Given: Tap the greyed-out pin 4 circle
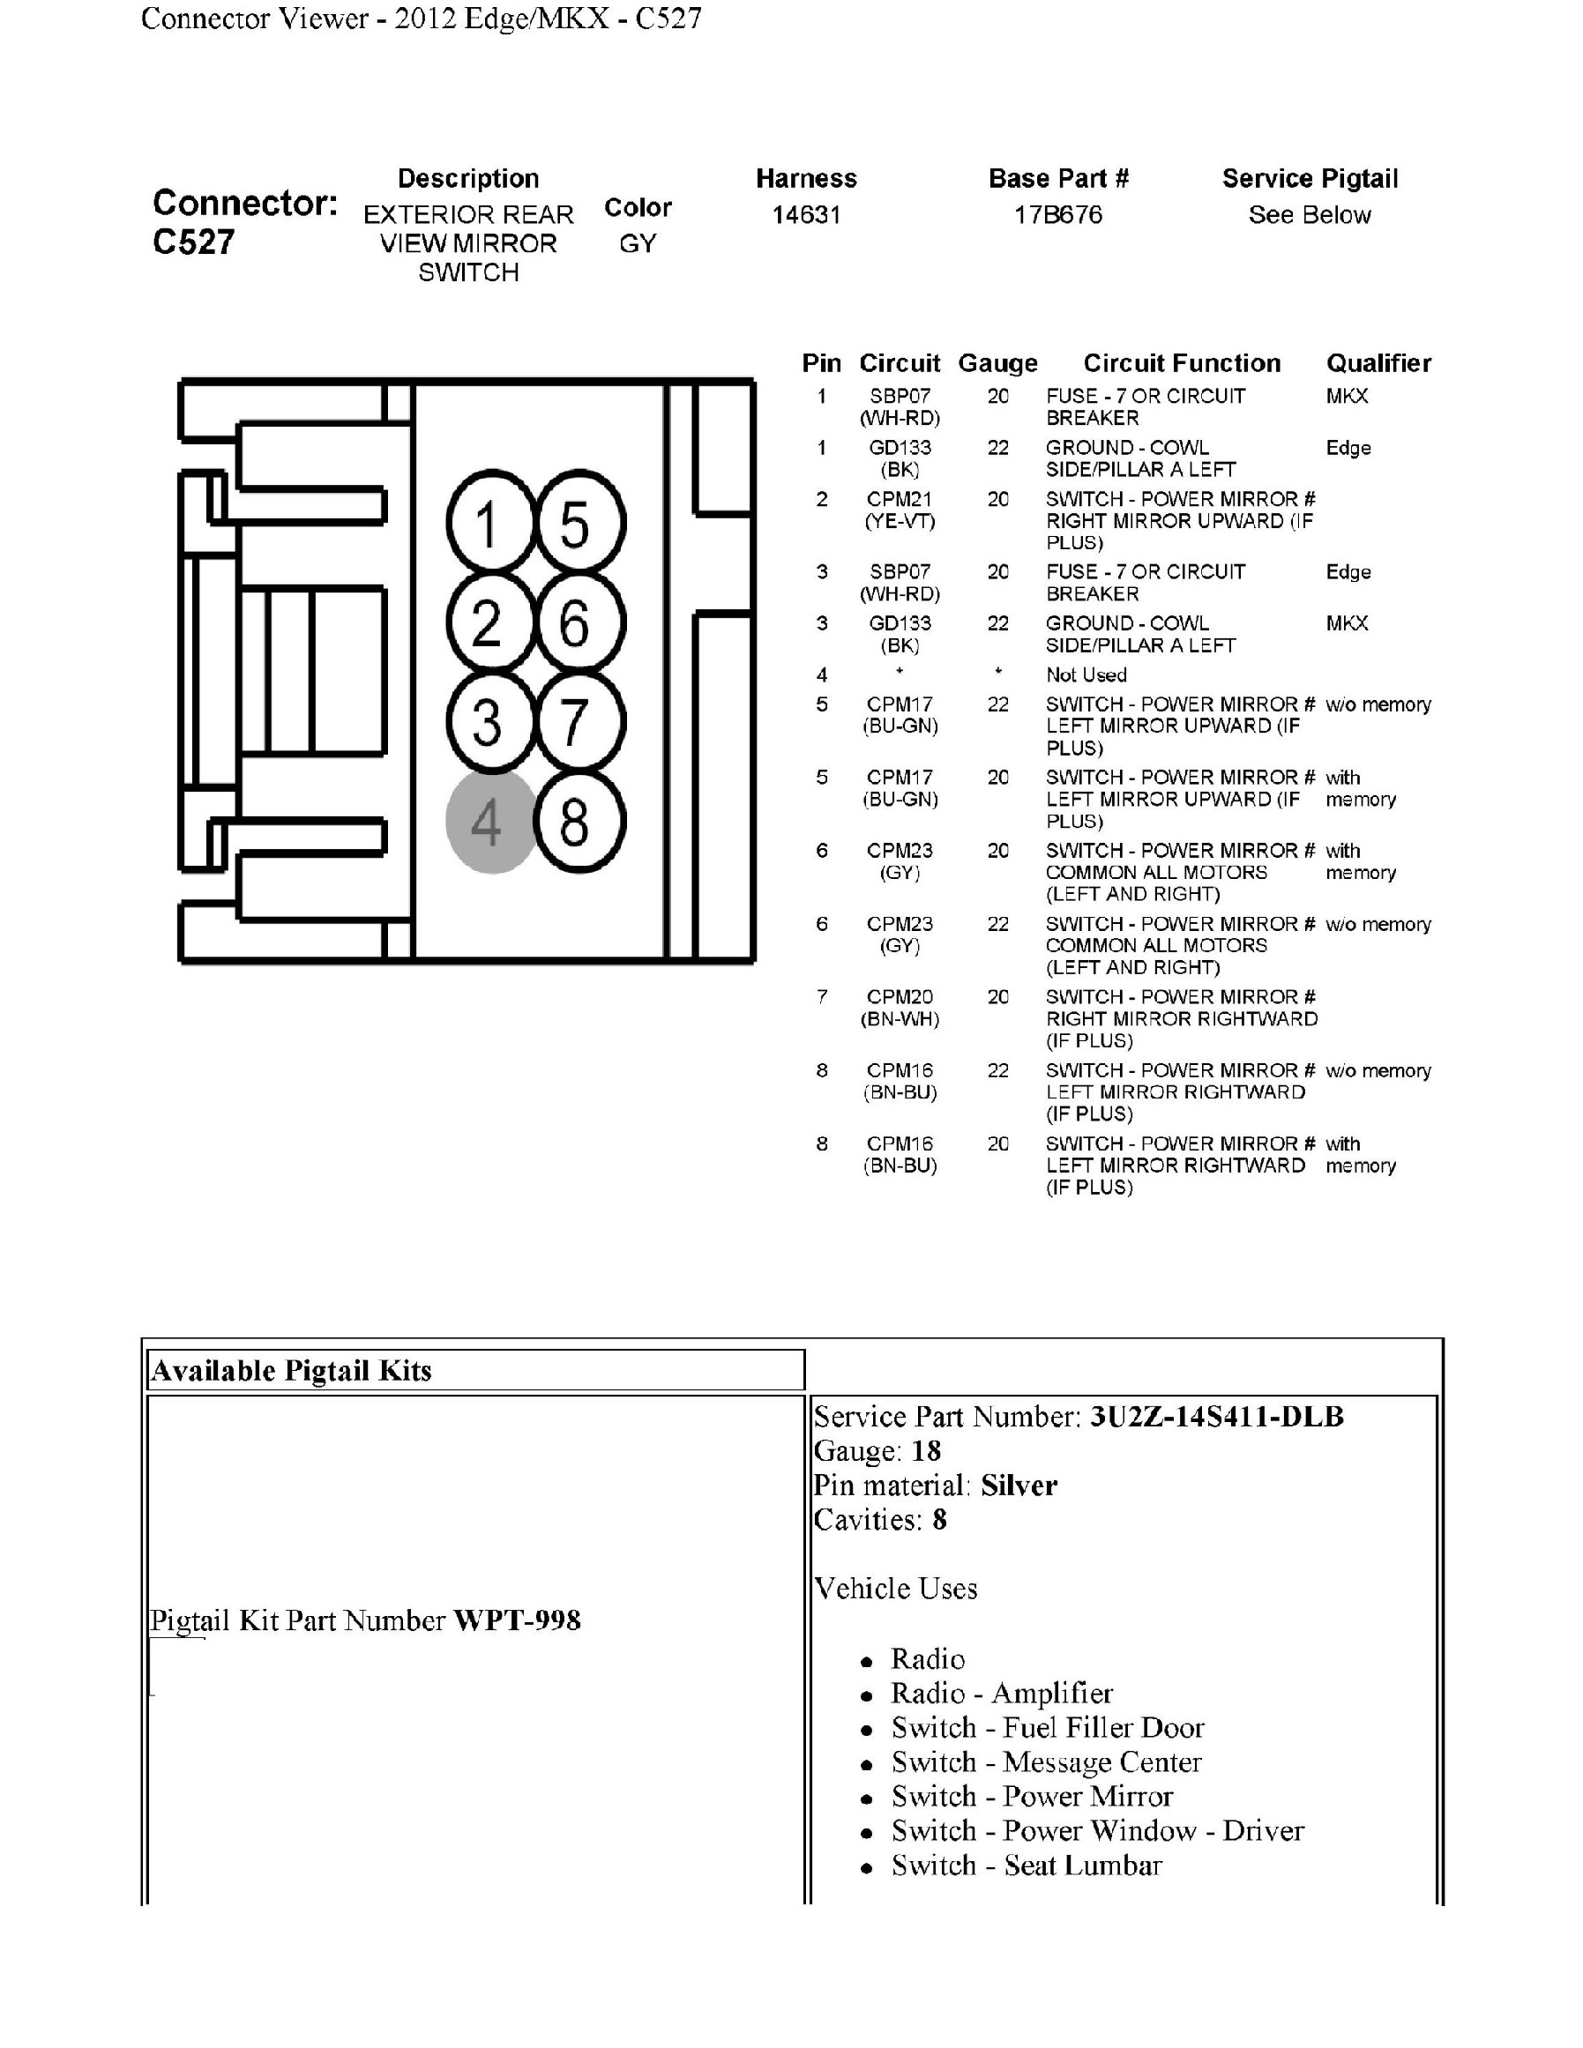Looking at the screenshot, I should pyautogui.click(x=489, y=823).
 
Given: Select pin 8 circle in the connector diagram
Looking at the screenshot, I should pyautogui.click(x=578, y=823).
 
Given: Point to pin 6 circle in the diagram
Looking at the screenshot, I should pyautogui.click(x=578, y=622).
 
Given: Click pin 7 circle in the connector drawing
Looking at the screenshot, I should pyautogui.click(x=578, y=722).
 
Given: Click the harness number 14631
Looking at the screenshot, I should pyautogui.click(x=805, y=215).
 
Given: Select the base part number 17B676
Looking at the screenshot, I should pyautogui.click(x=1058, y=215).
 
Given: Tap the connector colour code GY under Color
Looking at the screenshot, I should pyautogui.click(x=638, y=244).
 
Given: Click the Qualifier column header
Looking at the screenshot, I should pyautogui.click(x=1378, y=363).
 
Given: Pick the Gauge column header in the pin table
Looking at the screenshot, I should pyautogui.click(x=997, y=363).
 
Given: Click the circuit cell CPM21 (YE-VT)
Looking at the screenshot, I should pyautogui.click(x=900, y=510).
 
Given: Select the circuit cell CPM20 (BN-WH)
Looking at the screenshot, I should pyautogui.click(x=900, y=1008).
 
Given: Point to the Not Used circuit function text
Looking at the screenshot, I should pyautogui.click(x=1086, y=674).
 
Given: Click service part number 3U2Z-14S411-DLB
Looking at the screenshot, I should pyautogui.click(x=1216, y=1416).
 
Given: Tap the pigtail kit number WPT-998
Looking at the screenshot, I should pyautogui.click(x=517, y=1620).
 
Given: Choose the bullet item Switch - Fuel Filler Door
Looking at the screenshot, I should pyautogui.click(x=1047, y=1727).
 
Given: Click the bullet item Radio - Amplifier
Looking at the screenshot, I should pyautogui.click(x=1001, y=1693).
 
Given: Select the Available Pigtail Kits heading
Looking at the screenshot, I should pyautogui.click(x=292, y=1371).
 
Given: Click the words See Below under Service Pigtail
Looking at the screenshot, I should pyautogui.click(x=1309, y=215).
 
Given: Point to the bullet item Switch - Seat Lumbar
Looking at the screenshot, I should pyautogui.click(x=1026, y=1866).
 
